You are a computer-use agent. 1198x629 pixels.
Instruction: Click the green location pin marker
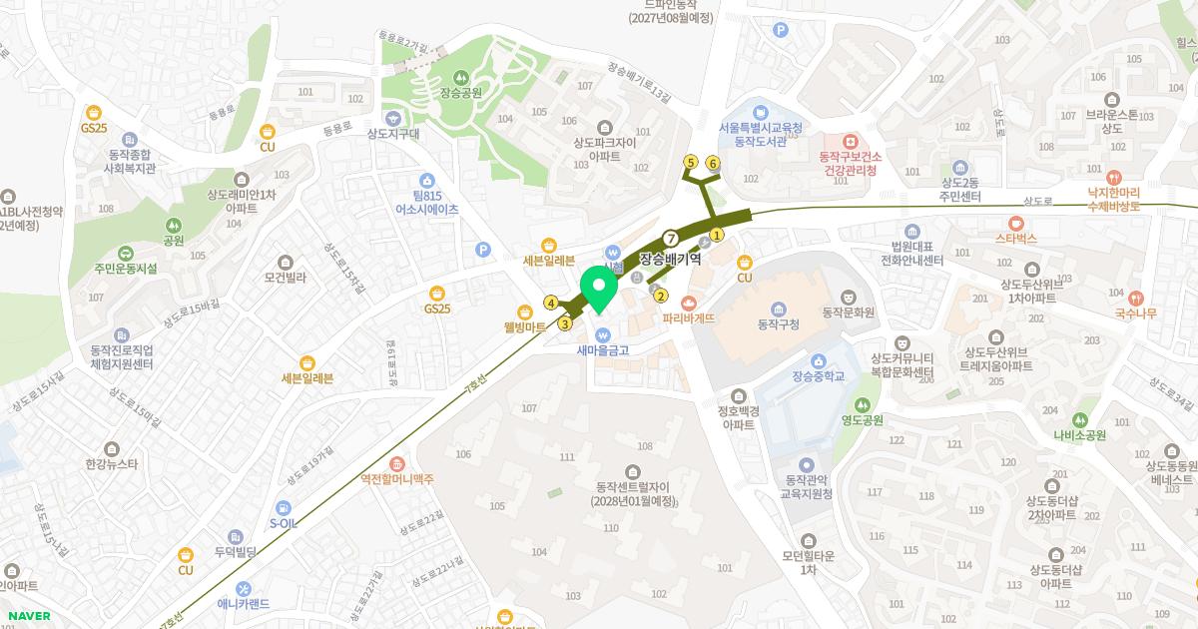point(599,290)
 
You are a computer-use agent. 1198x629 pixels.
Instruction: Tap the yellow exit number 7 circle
point(671,238)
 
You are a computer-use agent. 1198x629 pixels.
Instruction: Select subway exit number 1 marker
point(716,234)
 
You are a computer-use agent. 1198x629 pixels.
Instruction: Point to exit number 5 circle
point(690,161)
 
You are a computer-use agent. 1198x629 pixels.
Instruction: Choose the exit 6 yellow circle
point(713,162)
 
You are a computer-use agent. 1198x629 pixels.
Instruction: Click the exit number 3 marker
point(565,322)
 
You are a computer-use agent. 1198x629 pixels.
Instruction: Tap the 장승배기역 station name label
point(670,258)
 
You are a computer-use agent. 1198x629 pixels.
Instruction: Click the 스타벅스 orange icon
point(1016,223)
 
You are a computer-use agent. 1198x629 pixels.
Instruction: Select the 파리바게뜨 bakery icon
point(688,303)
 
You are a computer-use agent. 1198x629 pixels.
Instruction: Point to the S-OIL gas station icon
point(284,505)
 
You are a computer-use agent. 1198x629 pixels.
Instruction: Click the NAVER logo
point(27,616)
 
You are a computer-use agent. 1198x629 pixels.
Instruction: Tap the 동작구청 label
point(779,322)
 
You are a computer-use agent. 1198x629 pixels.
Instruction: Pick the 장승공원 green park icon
point(460,77)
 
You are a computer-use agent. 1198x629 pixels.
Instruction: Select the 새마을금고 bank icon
point(602,334)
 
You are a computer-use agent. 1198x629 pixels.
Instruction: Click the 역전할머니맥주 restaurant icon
point(397,463)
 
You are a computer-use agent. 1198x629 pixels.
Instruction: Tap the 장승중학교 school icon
point(818,360)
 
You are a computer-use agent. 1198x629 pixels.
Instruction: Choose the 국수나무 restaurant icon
point(1136,297)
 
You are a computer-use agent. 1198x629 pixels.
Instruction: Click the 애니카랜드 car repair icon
point(243,587)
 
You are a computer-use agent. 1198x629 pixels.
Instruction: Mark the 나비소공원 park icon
point(1079,419)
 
